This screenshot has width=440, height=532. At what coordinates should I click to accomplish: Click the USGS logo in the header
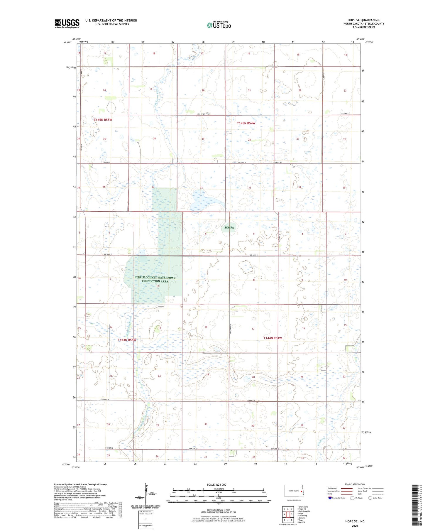point(67,23)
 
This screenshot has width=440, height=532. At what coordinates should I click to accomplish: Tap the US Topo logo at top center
point(219,25)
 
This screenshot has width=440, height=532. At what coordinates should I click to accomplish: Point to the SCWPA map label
point(229,227)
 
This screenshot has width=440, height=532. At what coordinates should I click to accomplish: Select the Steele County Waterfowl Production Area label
point(155,279)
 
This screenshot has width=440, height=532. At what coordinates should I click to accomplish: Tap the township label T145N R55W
point(103,120)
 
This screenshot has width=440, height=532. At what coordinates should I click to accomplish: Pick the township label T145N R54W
point(246,123)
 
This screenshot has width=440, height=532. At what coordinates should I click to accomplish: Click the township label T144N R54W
point(272,338)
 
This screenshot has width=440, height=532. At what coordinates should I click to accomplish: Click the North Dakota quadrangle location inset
point(293,491)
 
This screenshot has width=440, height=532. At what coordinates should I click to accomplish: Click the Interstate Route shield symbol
point(330,498)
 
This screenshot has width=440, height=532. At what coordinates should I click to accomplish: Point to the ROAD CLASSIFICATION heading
point(355,484)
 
